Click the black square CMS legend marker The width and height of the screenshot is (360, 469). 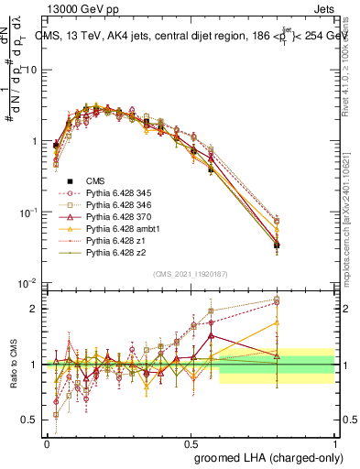pos(63,181)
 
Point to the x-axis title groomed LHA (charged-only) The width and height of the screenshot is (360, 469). pos(268,456)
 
